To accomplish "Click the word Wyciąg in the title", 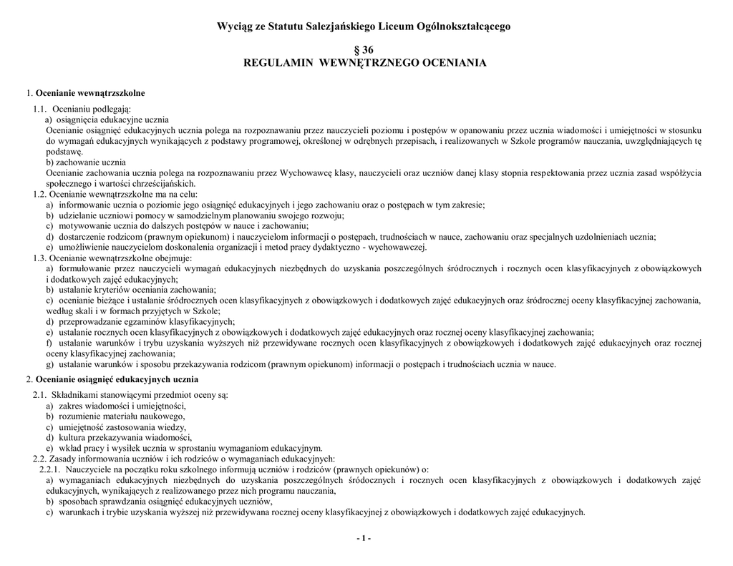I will point(235,26).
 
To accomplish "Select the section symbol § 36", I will point(364,50).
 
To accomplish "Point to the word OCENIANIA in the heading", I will point(455,63).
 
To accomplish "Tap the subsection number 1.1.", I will point(42,109).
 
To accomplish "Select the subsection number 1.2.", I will point(42,195).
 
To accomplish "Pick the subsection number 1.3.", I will point(42,258).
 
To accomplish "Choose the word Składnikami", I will point(75,396).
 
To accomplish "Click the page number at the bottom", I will point(364,538).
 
